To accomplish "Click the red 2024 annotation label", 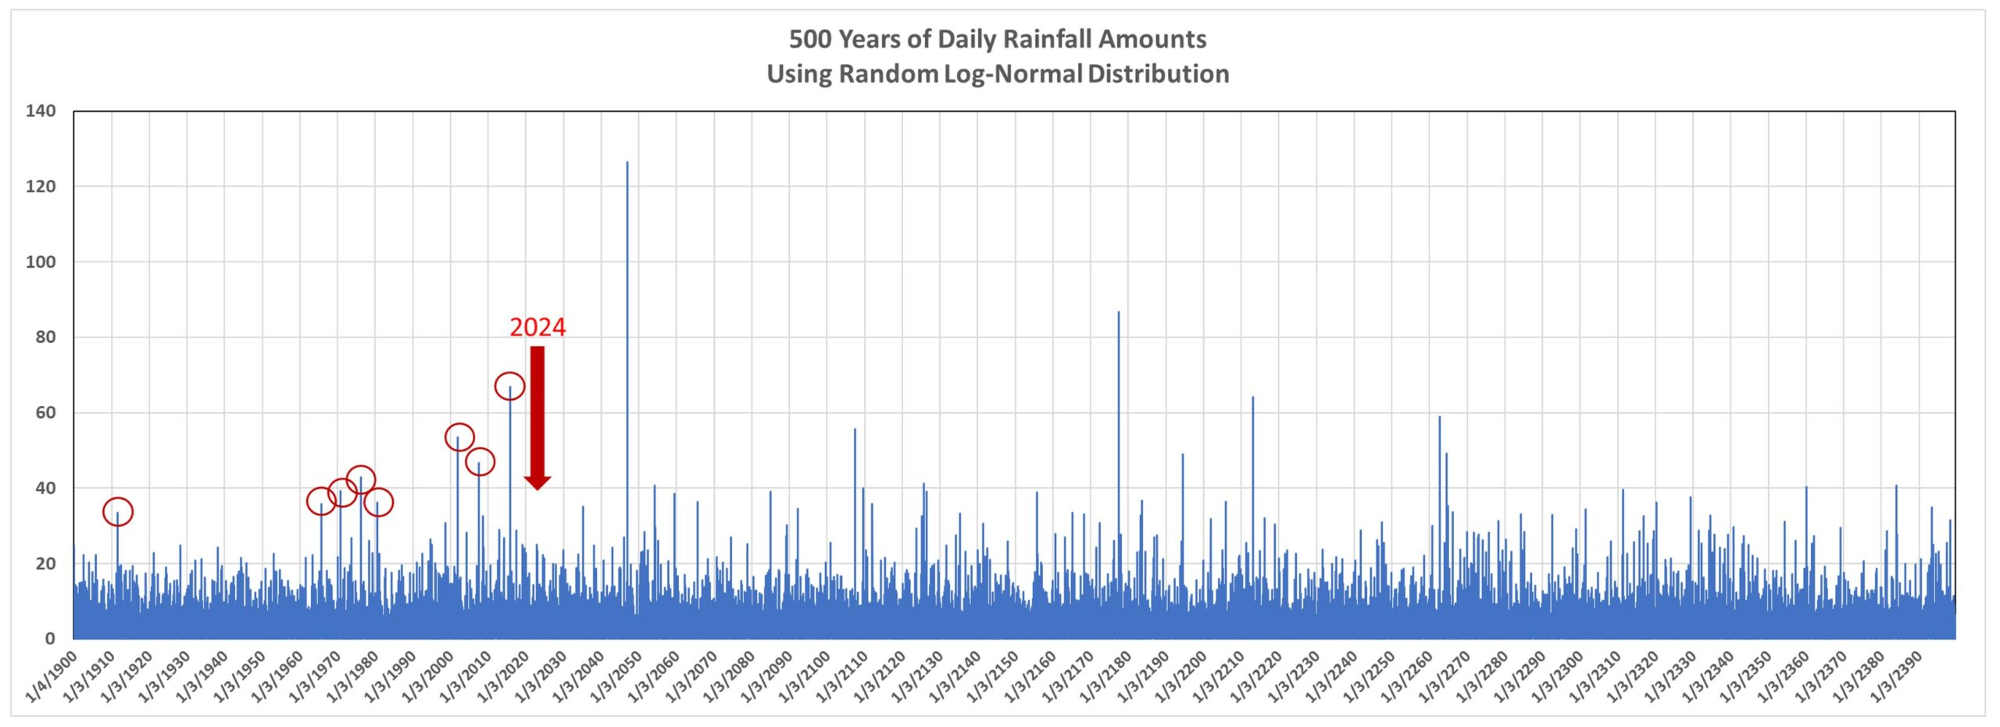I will [537, 327].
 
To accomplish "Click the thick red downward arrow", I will [537, 414].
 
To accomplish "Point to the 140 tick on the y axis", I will [41, 111].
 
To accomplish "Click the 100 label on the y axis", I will [41, 262].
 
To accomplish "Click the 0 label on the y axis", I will [50, 639].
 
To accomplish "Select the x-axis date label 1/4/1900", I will [52, 677].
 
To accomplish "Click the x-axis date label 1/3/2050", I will [616, 677].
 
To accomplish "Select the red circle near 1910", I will [118, 511].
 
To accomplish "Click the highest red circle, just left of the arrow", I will [509, 386].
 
